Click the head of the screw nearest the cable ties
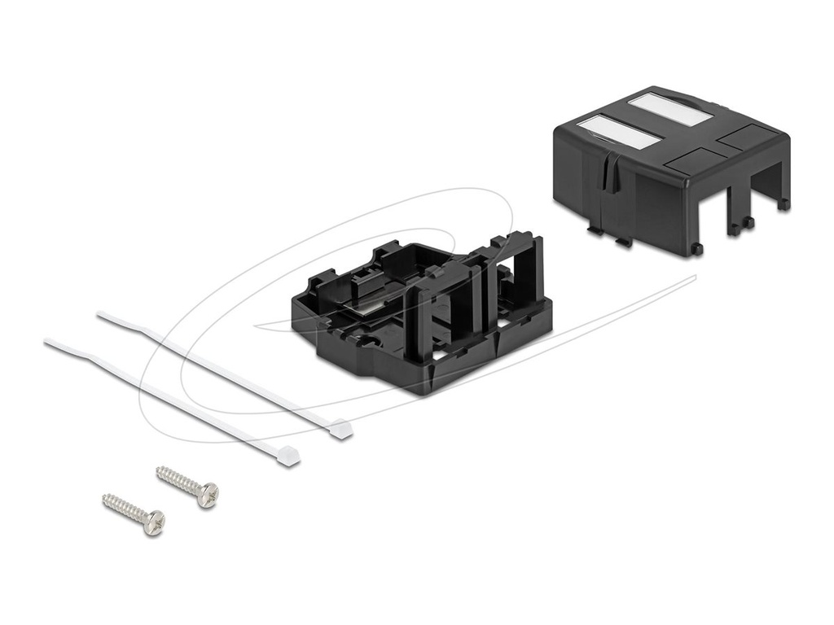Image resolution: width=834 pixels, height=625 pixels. coord(208,493)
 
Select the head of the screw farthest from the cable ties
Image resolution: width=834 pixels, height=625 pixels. coord(153,522)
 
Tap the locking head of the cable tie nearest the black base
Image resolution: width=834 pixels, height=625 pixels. coord(341,429)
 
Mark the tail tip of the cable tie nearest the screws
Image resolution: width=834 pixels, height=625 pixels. coord(46,342)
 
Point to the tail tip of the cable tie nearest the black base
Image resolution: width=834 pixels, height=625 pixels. coord(99,313)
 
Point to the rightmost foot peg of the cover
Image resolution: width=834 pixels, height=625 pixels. coord(783,204)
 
